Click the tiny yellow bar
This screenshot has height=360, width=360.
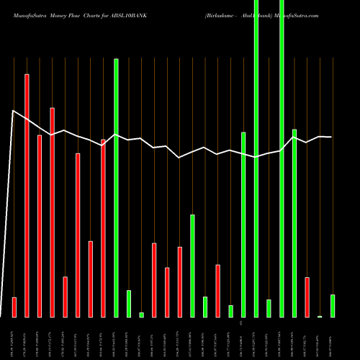click(x=320, y=316)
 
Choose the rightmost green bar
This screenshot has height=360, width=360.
click(x=333, y=305)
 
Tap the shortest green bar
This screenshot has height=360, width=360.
click(x=142, y=315)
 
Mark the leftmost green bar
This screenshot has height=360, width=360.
click(x=116, y=187)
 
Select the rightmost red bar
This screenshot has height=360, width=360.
click(x=307, y=297)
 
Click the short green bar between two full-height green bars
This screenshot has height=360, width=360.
click(x=269, y=308)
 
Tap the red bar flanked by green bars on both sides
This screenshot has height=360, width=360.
click(x=217, y=291)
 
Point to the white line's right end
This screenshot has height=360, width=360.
click(x=331, y=137)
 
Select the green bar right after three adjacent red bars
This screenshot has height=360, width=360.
click(x=192, y=266)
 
